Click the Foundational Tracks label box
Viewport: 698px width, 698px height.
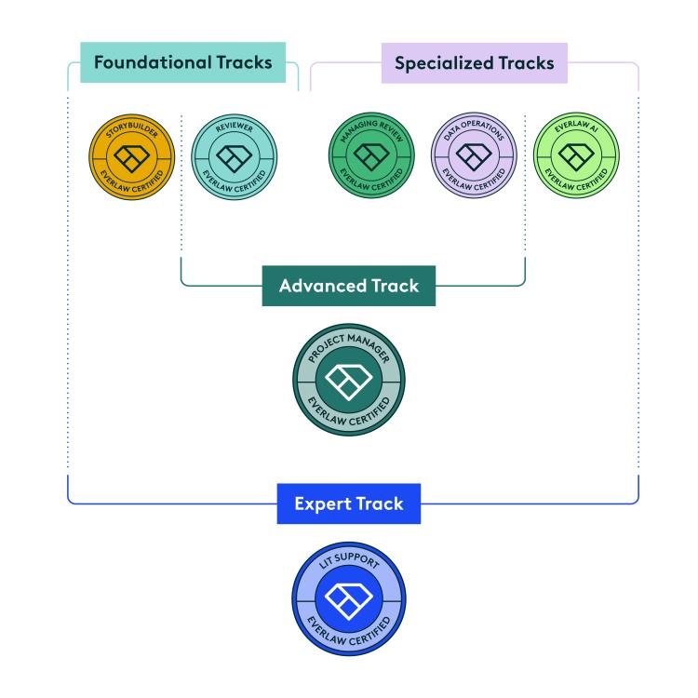point(182,63)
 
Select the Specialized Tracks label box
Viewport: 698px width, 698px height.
point(474,63)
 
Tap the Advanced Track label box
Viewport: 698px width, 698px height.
point(349,286)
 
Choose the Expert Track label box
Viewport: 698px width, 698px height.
point(349,503)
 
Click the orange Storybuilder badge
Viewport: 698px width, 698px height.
point(131,157)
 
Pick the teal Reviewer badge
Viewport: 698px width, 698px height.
point(233,157)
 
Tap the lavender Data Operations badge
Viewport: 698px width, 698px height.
point(473,157)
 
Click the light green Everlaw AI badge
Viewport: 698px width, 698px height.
point(574,157)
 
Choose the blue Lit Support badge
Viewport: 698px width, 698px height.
point(349,598)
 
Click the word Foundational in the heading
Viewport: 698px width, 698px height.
point(150,63)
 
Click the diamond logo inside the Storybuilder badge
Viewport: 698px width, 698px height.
point(131,157)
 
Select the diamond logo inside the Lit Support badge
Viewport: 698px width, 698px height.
point(349,599)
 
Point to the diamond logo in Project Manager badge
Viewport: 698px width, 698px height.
point(349,380)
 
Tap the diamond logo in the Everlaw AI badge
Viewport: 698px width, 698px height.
point(574,157)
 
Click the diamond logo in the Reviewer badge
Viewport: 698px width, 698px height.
point(233,157)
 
